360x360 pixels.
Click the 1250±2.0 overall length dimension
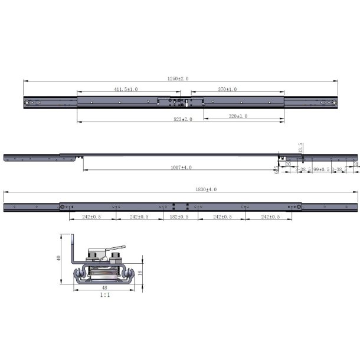(x=180, y=78)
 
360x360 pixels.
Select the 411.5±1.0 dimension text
(x=126, y=89)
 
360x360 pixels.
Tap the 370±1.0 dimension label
(x=227, y=89)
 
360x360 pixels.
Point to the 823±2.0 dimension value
(x=181, y=119)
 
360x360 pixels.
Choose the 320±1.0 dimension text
(x=238, y=116)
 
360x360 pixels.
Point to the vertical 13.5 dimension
(x=301, y=147)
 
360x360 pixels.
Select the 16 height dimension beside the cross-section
(x=140, y=273)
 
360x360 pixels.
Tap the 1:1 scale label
(x=104, y=294)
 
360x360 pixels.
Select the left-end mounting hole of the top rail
(x=28, y=103)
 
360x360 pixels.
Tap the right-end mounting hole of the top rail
(x=335, y=103)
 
